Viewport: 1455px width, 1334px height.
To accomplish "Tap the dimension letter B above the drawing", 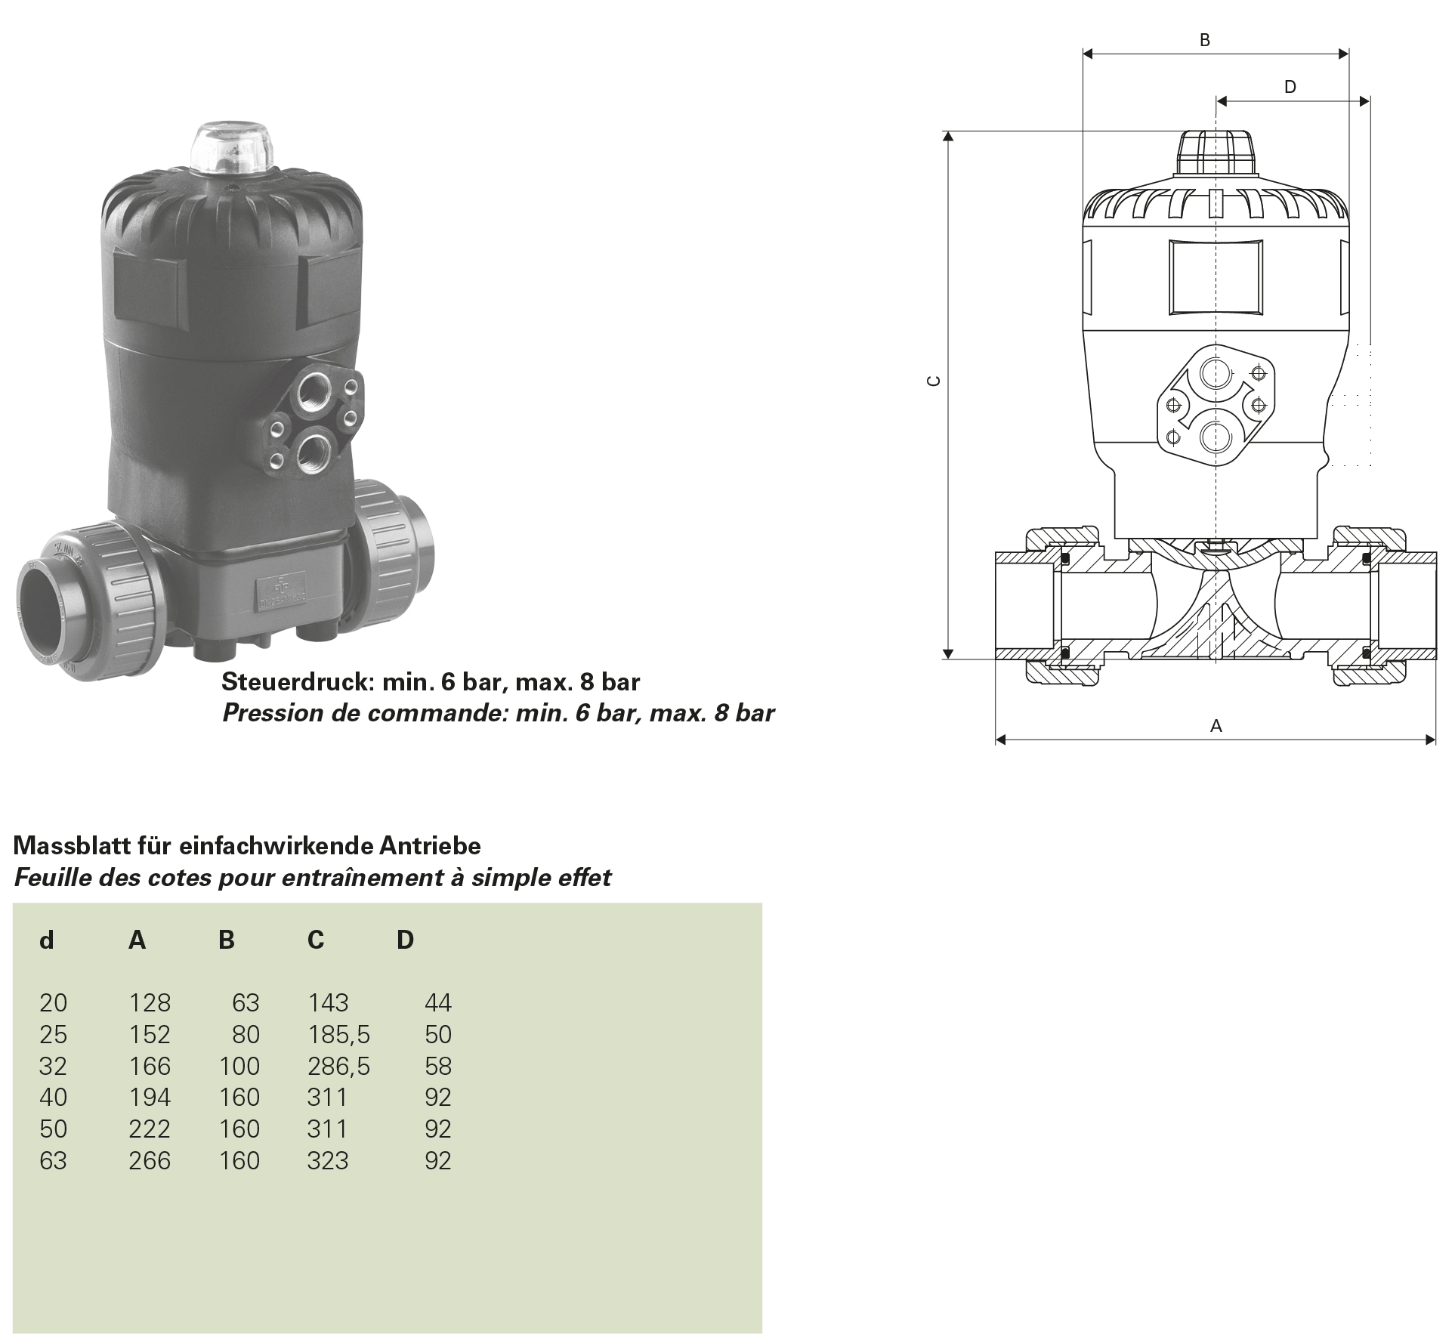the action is [x=1205, y=40].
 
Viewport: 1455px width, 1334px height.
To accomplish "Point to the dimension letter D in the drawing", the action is [x=1290, y=87].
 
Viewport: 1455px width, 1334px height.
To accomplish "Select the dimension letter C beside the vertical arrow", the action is [x=934, y=381].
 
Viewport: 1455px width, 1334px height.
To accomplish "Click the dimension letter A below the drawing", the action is [x=1216, y=726].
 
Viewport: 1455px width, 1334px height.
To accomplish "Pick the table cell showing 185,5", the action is [x=339, y=1034].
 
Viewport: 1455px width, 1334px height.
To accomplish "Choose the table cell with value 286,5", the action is [x=339, y=1066].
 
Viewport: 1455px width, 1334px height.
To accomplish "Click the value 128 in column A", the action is [x=150, y=1002].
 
